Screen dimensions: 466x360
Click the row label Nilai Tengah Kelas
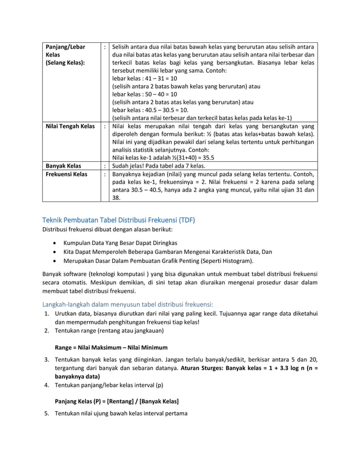[69, 126]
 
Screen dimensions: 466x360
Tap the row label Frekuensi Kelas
[66, 175]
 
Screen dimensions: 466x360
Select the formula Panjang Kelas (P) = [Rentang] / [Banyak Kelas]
[116, 401]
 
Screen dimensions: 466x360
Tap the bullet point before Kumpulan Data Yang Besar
[54, 242]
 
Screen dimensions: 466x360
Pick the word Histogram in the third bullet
[236, 261]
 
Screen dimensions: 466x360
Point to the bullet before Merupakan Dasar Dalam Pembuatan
[54, 261]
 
